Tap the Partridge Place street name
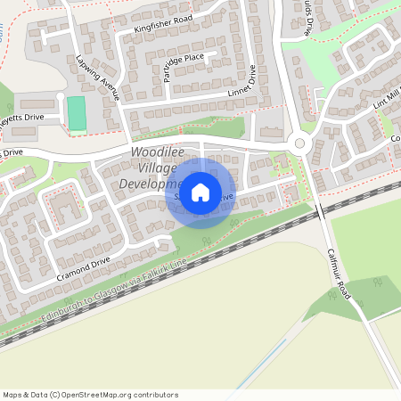(x=184, y=68)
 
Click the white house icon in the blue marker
(x=200, y=192)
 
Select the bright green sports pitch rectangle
(x=78, y=113)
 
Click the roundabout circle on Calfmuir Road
(x=299, y=143)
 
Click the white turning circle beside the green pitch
(x=60, y=95)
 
